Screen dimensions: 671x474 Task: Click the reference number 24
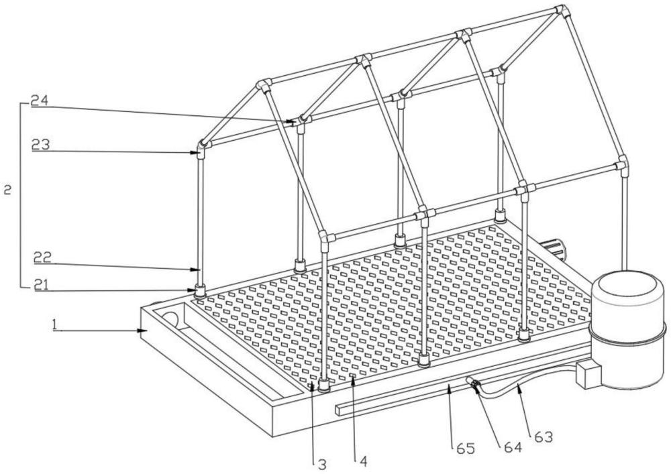point(40,101)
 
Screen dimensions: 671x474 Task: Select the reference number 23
point(40,145)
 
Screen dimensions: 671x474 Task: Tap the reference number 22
point(43,257)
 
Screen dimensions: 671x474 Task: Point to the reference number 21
point(42,285)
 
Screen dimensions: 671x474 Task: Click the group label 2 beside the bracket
point(7,190)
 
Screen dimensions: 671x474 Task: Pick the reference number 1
point(54,325)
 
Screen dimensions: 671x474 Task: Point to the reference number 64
point(513,447)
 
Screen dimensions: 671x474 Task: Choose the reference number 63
point(544,437)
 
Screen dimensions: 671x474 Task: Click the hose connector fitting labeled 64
point(473,383)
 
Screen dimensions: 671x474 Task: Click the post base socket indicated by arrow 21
point(200,292)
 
